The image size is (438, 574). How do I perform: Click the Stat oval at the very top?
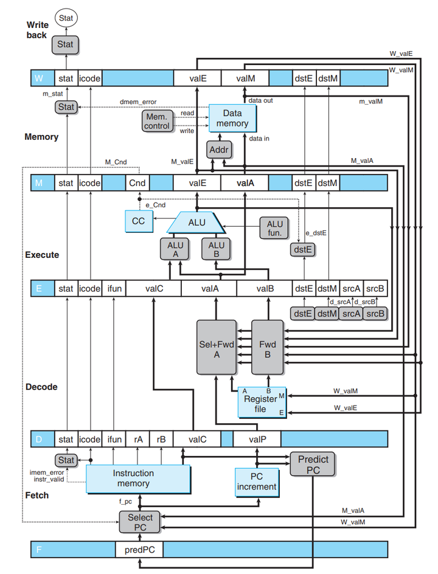tap(66, 19)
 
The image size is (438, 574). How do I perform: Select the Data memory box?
tap(232, 118)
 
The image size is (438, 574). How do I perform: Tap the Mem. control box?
tap(158, 121)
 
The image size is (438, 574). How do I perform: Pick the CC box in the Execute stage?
tap(139, 221)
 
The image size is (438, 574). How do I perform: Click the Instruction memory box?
tap(134, 478)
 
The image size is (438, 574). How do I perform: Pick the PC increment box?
tap(256, 481)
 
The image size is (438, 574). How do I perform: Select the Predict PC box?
tap(313, 465)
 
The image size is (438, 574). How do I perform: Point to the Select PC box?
tap(140, 522)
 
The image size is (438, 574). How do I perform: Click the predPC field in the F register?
tap(140, 549)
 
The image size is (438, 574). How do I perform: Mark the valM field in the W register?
tap(245, 78)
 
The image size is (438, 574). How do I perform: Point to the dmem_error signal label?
tap(137, 101)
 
